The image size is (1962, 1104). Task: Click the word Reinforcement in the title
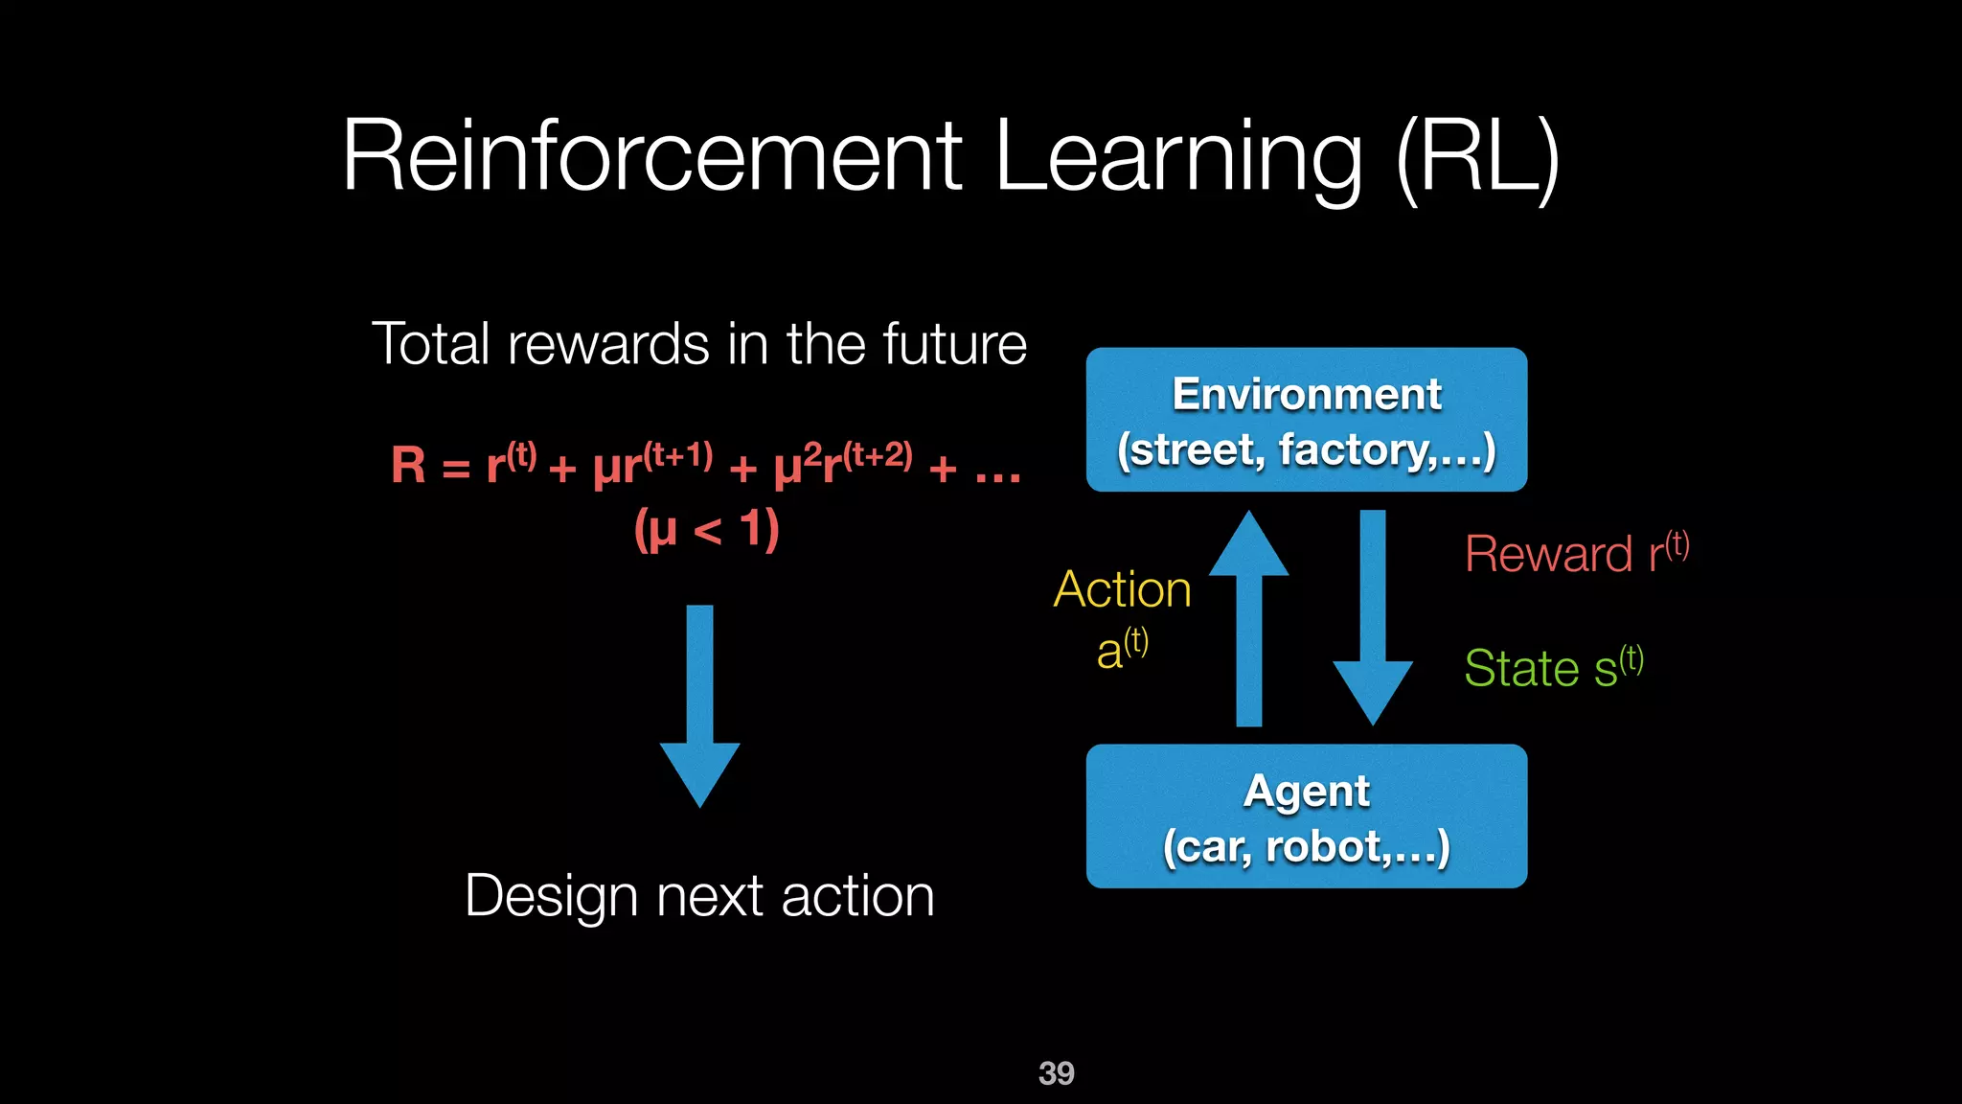point(651,156)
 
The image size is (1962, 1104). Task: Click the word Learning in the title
point(1178,156)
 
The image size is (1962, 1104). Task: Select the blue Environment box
point(1306,420)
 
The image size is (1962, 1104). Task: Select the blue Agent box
point(1306,816)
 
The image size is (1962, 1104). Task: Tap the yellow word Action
point(1122,588)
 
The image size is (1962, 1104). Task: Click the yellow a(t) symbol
point(1122,650)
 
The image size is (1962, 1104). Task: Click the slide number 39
point(1056,1072)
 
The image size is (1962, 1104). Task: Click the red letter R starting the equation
point(408,466)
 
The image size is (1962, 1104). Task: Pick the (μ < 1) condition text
point(706,529)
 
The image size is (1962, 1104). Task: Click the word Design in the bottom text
point(551,896)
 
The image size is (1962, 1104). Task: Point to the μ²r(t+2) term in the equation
point(843,464)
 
